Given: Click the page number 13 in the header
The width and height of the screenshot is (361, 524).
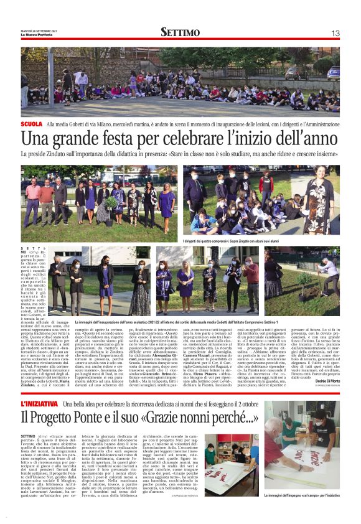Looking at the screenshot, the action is pos(335,32).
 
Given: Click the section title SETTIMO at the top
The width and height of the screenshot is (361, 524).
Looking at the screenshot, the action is pos(180,32).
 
